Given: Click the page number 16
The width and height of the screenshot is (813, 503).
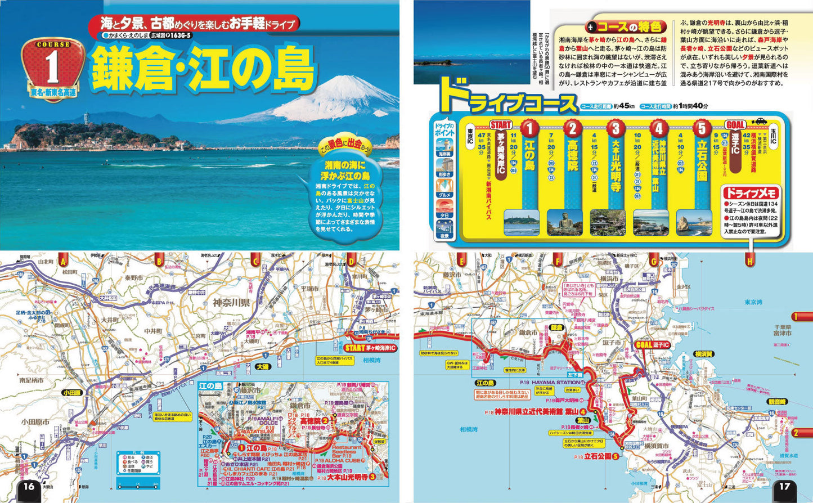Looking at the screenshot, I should [x=29, y=487].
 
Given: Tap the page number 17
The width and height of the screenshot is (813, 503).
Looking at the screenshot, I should [x=784, y=487].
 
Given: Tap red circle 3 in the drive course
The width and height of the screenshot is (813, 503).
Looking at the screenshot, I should [x=616, y=128].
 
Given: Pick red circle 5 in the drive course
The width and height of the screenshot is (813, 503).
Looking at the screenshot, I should [x=702, y=128].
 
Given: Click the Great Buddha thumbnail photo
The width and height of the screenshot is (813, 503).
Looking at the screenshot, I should [x=565, y=222].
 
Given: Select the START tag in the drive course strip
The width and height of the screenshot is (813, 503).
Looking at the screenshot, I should [x=500, y=124].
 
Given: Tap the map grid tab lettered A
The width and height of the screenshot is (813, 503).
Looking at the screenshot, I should [x=63, y=261].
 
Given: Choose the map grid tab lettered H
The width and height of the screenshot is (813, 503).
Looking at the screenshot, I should [x=749, y=261].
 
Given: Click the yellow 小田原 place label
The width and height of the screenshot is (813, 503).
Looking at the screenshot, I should [x=72, y=392].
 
